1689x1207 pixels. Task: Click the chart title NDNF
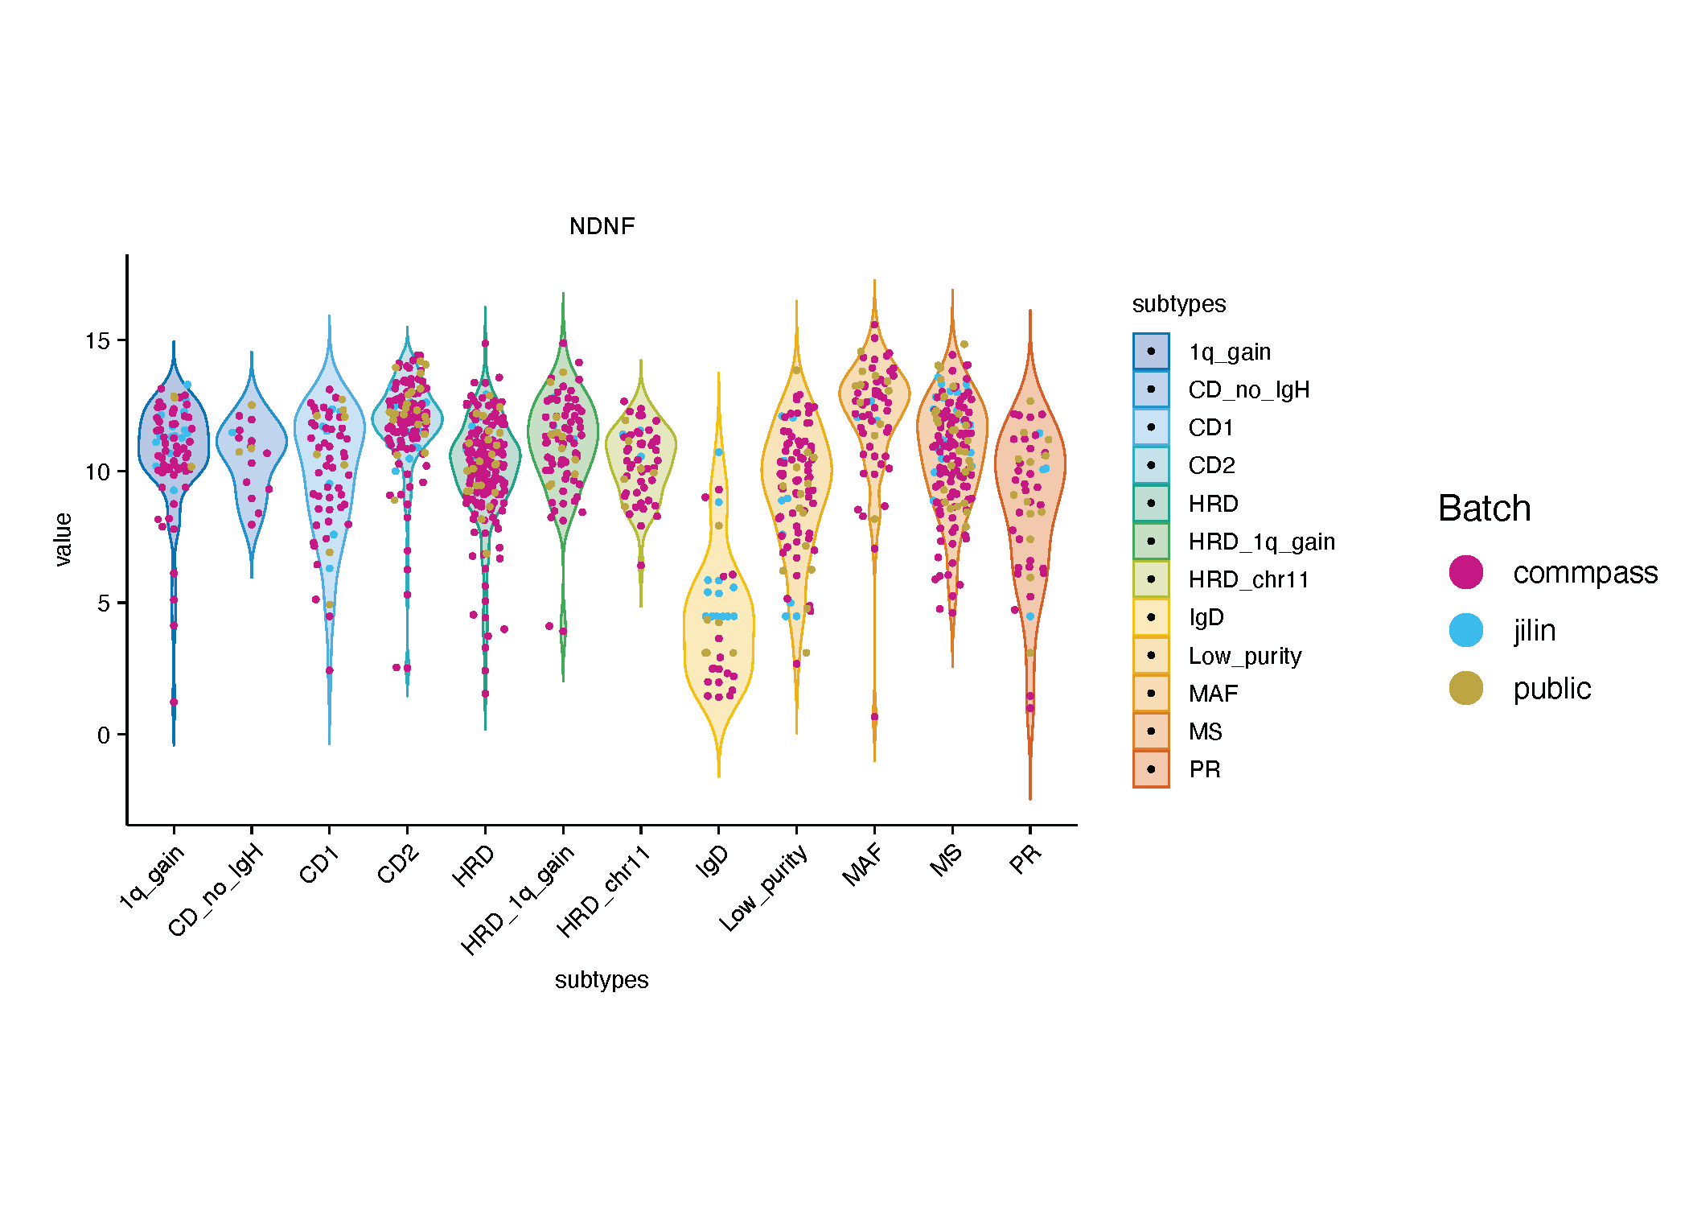click(602, 226)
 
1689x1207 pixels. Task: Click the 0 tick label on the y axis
click(103, 735)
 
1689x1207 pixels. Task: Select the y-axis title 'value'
click(63, 539)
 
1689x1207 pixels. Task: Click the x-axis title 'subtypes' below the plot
click(602, 980)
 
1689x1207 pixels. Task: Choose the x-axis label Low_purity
click(763, 888)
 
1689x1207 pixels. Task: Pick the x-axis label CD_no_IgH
click(216, 890)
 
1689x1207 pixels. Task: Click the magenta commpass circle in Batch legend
click(1465, 572)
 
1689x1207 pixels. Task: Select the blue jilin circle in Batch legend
click(1465, 630)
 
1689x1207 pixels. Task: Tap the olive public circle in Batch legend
click(1465, 688)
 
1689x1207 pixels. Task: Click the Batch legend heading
click(1484, 509)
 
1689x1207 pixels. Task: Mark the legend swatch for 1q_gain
click(1151, 352)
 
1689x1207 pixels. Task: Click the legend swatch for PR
click(1151, 769)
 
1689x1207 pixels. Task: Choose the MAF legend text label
click(1213, 694)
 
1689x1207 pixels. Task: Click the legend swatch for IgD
click(1151, 617)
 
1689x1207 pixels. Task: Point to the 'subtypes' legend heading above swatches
click(1178, 304)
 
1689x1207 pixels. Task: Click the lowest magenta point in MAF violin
click(874, 716)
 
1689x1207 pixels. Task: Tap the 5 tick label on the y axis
click(103, 603)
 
